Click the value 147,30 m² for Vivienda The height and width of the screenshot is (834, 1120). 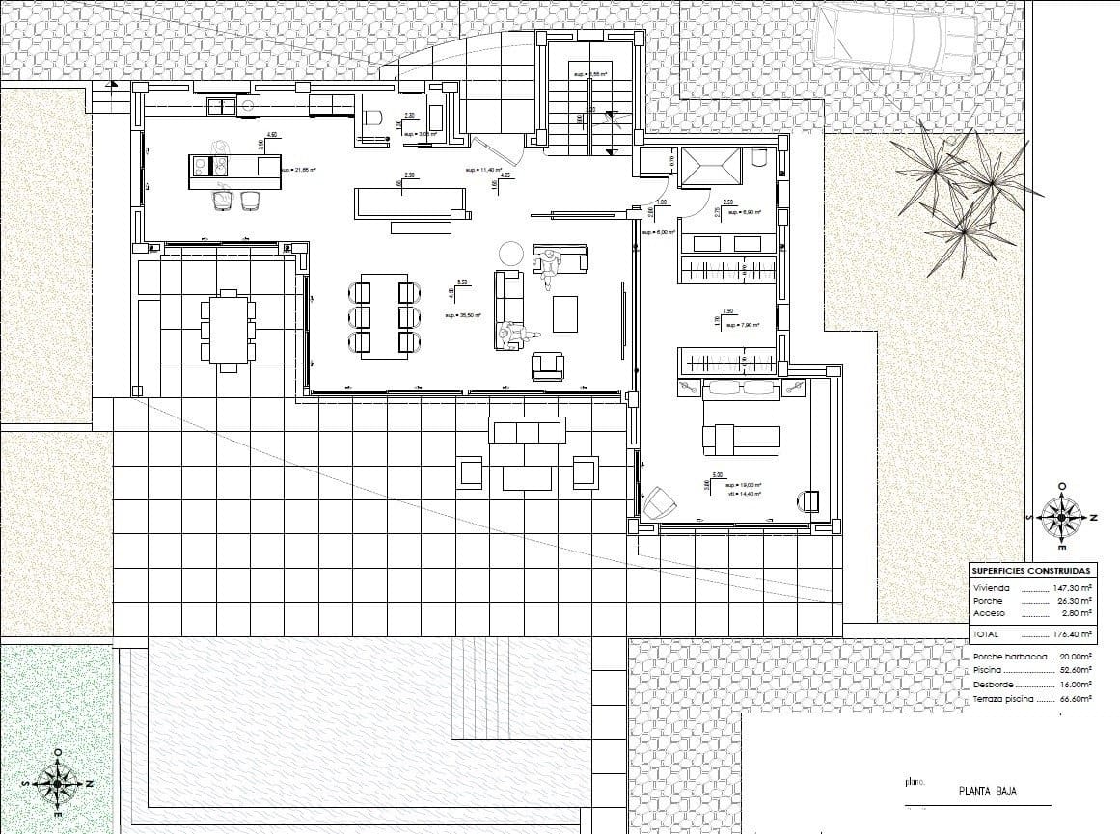coord(1072,587)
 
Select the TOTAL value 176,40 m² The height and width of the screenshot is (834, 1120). coord(1072,635)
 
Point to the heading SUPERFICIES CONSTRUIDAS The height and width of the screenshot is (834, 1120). coord(1030,571)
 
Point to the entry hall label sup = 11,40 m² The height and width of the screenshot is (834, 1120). coord(484,170)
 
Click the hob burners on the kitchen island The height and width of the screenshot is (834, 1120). coord(219,167)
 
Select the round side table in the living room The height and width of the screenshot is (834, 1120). coord(509,255)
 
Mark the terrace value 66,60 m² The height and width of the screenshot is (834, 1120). coord(1072,699)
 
